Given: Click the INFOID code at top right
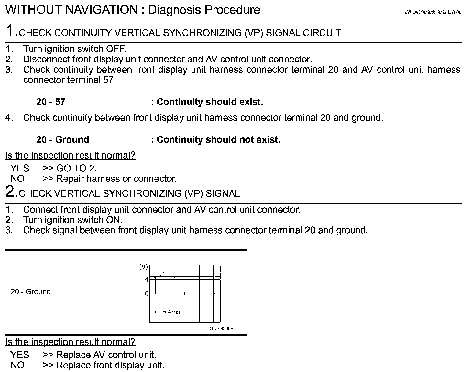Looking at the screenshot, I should click(x=433, y=12).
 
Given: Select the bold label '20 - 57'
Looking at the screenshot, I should click(x=51, y=102).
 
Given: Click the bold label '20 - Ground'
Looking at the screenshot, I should click(x=62, y=140).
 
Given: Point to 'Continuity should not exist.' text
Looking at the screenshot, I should click(x=218, y=140).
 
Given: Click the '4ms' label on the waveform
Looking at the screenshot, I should click(x=174, y=312).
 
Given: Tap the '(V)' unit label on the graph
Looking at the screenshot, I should click(x=143, y=267).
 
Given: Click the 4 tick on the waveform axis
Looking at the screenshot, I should click(x=147, y=279).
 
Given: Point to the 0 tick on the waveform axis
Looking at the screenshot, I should click(x=147, y=294).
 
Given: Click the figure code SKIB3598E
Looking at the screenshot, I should click(x=222, y=329).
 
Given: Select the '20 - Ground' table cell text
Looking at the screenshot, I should click(x=31, y=292).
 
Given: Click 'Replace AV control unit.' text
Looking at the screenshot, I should click(x=106, y=355).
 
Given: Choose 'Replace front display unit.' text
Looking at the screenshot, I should click(x=110, y=366).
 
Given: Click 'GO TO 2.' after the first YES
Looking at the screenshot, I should click(x=77, y=168).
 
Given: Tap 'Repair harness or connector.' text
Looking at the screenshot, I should click(x=116, y=179).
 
